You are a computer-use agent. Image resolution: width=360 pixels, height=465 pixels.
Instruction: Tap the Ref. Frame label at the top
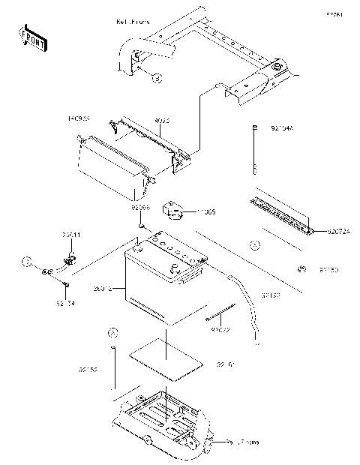pyautogui.click(x=133, y=22)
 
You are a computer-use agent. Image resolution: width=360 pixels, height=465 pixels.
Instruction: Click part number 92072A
pyautogui.click(x=337, y=232)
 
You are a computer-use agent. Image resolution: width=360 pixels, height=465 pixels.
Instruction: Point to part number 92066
pyautogui.click(x=141, y=205)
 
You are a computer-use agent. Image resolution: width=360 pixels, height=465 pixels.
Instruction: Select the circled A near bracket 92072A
pyautogui.click(x=254, y=244)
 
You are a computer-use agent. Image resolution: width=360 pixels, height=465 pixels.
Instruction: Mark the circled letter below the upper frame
pyautogui.click(x=157, y=77)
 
